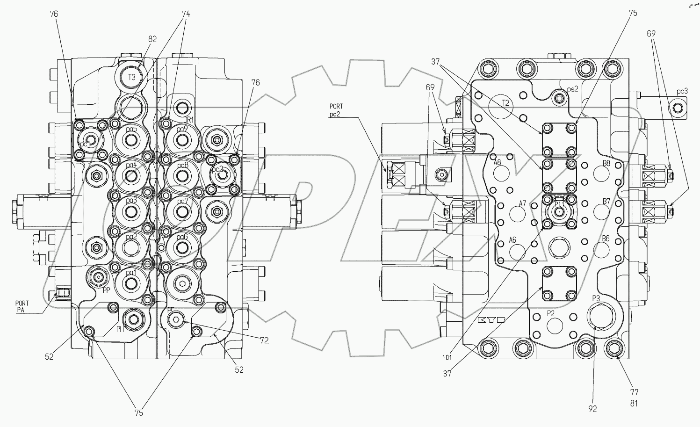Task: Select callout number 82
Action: point(152,40)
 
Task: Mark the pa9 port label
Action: point(182,130)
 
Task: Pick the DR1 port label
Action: point(182,120)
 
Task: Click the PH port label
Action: point(120,329)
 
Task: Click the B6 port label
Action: point(606,239)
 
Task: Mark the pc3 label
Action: point(682,91)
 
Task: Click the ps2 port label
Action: point(573,88)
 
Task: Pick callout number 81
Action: point(634,404)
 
